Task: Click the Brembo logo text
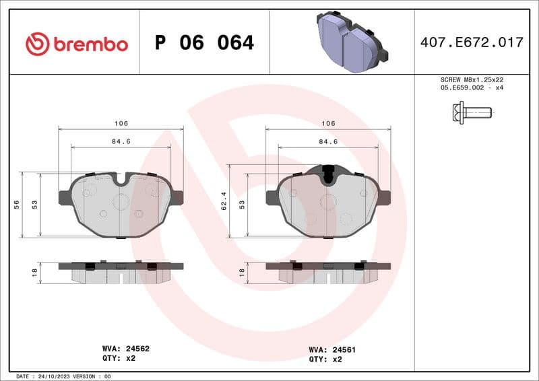click(76, 44)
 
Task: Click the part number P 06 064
click(204, 43)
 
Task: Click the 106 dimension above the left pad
click(121, 124)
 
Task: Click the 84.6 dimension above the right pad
click(328, 141)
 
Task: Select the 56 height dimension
click(16, 205)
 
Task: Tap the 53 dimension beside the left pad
click(34, 205)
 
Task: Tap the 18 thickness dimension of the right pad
click(242, 273)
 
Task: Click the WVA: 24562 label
click(125, 349)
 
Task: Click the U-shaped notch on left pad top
click(121, 179)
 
